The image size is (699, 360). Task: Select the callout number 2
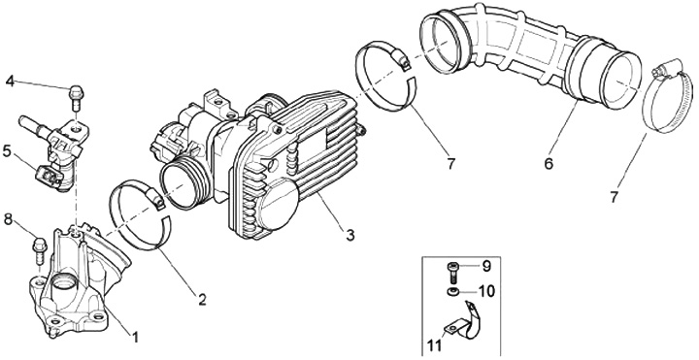(202, 300)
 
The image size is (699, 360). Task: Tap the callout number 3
(349, 235)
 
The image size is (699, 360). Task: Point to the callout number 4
(11, 82)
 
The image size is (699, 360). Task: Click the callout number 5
(7, 151)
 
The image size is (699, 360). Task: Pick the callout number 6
(549, 164)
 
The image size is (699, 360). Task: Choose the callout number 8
(9, 219)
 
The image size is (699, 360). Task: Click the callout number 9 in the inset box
(486, 266)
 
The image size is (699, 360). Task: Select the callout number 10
(486, 291)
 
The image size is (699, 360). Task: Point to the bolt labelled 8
(40, 252)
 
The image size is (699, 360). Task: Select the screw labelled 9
(452, 272)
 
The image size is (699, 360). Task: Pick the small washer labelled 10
(452, 292)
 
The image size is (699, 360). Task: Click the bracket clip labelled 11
(464, 323)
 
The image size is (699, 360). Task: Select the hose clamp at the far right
(667, 98)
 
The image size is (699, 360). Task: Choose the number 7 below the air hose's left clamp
(450, 164)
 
